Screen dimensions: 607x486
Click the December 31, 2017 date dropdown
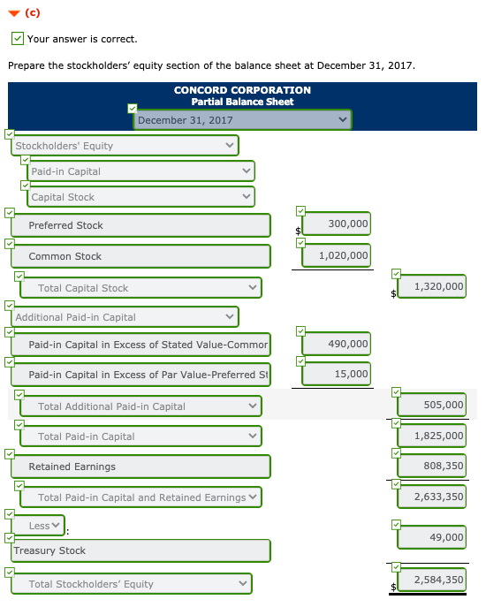pos(243,120)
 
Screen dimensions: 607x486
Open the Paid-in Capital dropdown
pos(141,171)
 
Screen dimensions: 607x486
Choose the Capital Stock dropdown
pos(141,197)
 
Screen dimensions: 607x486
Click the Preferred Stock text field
pos(141,225)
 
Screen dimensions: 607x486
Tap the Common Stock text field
pos(141,256)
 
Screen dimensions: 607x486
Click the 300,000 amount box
pos(336,224)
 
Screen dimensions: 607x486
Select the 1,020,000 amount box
pos(336,255)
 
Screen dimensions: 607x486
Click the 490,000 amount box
pos(336,343)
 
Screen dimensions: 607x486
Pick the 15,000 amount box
pos(336,374)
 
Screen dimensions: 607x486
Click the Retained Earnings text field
pos(141,467)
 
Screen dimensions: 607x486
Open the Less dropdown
pos(44,526)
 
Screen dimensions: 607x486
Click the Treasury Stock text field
pos(141,550)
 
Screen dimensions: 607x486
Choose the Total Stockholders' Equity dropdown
pos(133,584)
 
